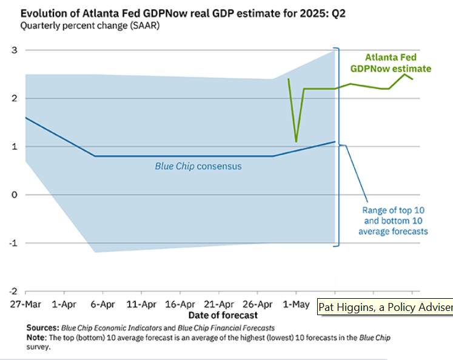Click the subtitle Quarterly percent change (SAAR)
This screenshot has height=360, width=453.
86,26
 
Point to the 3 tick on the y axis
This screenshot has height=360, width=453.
13,50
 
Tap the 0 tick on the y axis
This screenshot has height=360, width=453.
13,195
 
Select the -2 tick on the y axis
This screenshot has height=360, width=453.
11,292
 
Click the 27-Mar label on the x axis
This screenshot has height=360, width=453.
24,304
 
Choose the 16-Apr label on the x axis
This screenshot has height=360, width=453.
180,304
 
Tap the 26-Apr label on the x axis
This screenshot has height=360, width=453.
257,304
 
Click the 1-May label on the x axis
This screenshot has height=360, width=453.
295,304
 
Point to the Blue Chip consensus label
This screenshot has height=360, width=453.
198,166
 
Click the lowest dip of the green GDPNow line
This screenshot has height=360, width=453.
296,142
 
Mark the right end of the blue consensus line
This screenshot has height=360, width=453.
335,142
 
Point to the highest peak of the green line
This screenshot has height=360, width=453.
404,74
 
